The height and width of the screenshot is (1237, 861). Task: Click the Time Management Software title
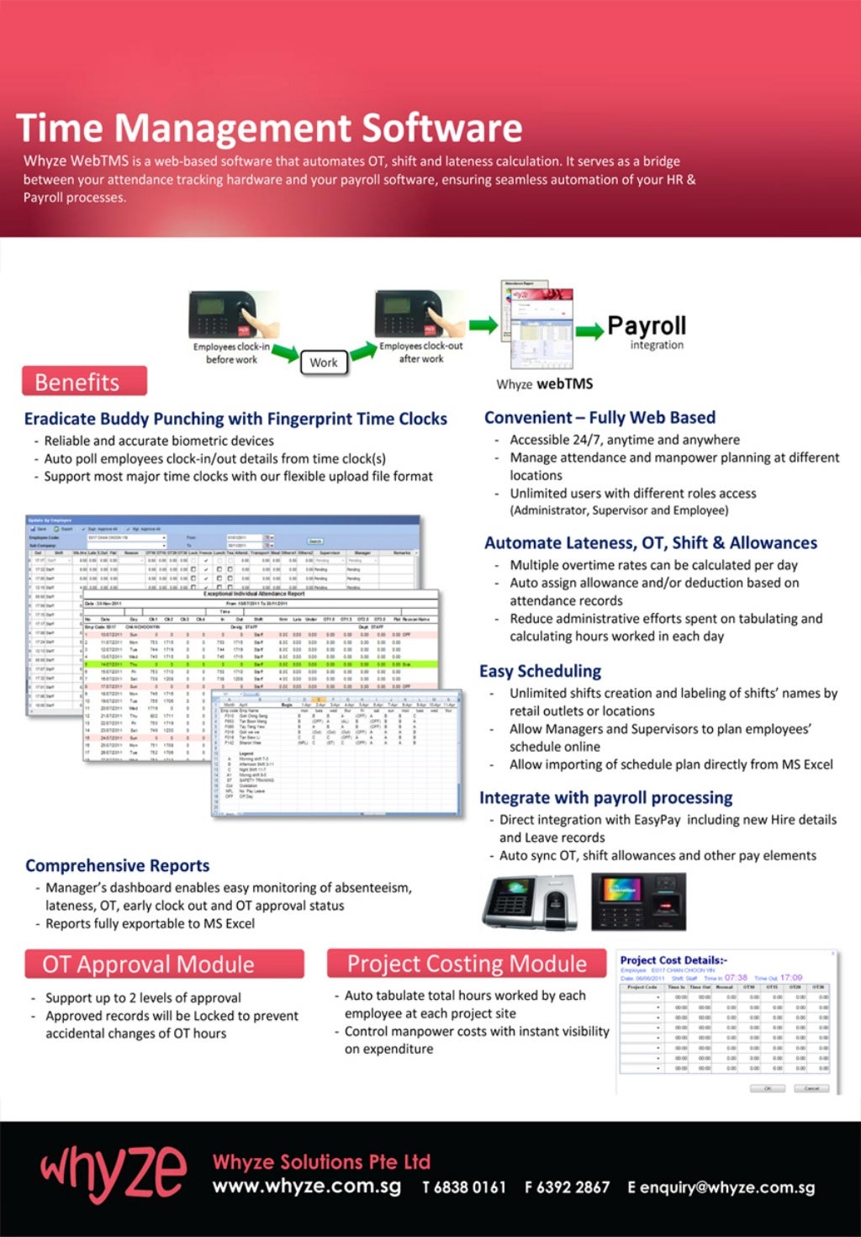tap(269, 129)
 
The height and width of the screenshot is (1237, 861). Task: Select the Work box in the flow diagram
tap(324, 362)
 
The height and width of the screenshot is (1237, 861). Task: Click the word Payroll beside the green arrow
tap(647, 326)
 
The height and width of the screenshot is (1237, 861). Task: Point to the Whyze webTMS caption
tap(544, 384)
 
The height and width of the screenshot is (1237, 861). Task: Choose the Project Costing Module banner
tap(467, 964)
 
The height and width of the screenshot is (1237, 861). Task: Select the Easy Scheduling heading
tap(541, 671)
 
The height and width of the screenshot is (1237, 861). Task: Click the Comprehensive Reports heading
tap(118, 865)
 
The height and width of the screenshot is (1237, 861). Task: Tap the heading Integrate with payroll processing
tap(605, 797)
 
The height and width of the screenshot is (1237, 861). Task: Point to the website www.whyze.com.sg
tap(307, 1187)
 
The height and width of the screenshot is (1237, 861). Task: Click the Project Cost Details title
tap(673, 959)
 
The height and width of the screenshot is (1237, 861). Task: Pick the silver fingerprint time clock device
tap(530, 901)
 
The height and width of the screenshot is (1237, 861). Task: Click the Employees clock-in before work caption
tap(231, 353)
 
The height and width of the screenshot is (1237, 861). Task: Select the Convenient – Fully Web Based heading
tap(600, 417)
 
